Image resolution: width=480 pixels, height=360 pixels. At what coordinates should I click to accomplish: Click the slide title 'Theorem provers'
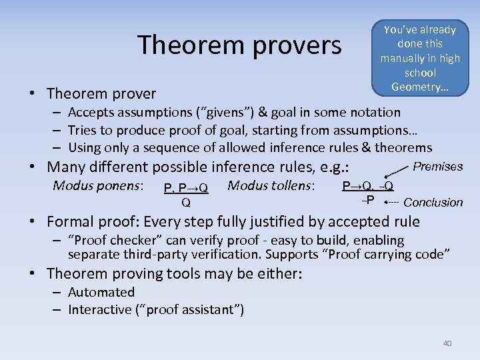(x=239, y=45)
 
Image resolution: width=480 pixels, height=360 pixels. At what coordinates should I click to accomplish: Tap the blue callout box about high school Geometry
(x=419, y=58)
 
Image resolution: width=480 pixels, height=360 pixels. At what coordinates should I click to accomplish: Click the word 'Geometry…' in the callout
(x=419, y=87)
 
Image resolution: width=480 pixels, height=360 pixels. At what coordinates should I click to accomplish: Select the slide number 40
(x=447, y=343)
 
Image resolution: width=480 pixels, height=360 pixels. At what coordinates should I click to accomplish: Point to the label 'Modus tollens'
(x=272, y=185)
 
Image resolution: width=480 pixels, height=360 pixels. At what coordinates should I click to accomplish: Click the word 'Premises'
(x=438, y=167)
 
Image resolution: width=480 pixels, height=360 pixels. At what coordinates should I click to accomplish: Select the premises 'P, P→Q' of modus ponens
(x=186, y=189)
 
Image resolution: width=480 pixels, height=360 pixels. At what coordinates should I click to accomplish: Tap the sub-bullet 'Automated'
(x=101, y=292)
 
